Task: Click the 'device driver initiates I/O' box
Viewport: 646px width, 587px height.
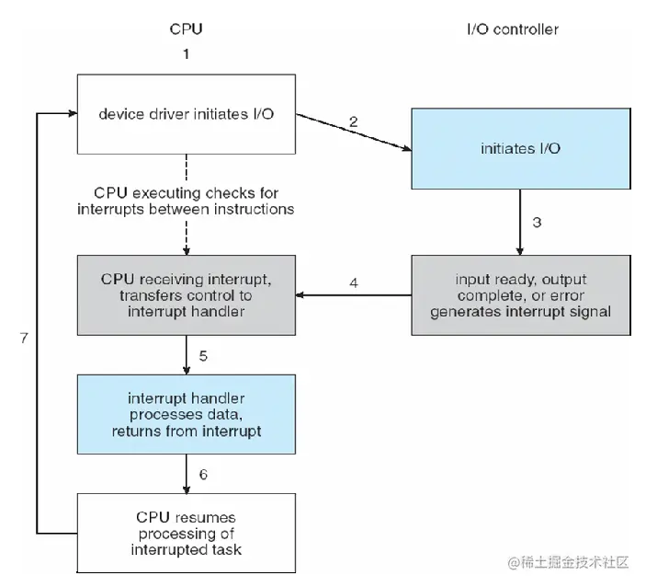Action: click(x=187, y=114)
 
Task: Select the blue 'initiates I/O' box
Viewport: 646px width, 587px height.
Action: click(x=521, y=148)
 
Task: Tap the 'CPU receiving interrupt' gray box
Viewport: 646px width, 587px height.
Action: click(x=187, y=295)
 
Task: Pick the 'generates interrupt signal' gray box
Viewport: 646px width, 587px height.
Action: click(x=521, y=295)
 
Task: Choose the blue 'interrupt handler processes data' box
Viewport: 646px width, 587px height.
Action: click(x=187, y=414)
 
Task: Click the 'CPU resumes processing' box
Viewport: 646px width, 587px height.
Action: click(x=187, y=533)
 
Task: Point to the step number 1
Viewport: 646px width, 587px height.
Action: click(x=187, y=54)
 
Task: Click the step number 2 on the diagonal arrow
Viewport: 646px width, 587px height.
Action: click(x=354, y=121)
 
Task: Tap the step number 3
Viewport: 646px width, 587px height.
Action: click(x=537, y=223)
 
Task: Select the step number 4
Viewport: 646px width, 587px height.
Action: click(x=354, y=283)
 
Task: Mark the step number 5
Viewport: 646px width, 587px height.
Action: click(x=203, y=356)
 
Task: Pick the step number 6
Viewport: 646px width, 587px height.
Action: click(x=203, y=475)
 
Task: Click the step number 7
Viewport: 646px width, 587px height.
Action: click(x=24, y=339)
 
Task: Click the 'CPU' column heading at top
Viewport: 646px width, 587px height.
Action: click(x=187, y=29)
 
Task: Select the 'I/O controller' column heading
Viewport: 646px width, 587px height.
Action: click(x=513, y=29)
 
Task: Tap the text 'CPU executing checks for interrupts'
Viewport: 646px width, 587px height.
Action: click(x=187, y=201)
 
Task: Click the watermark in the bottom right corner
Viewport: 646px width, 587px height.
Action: click(x=569, y=562)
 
